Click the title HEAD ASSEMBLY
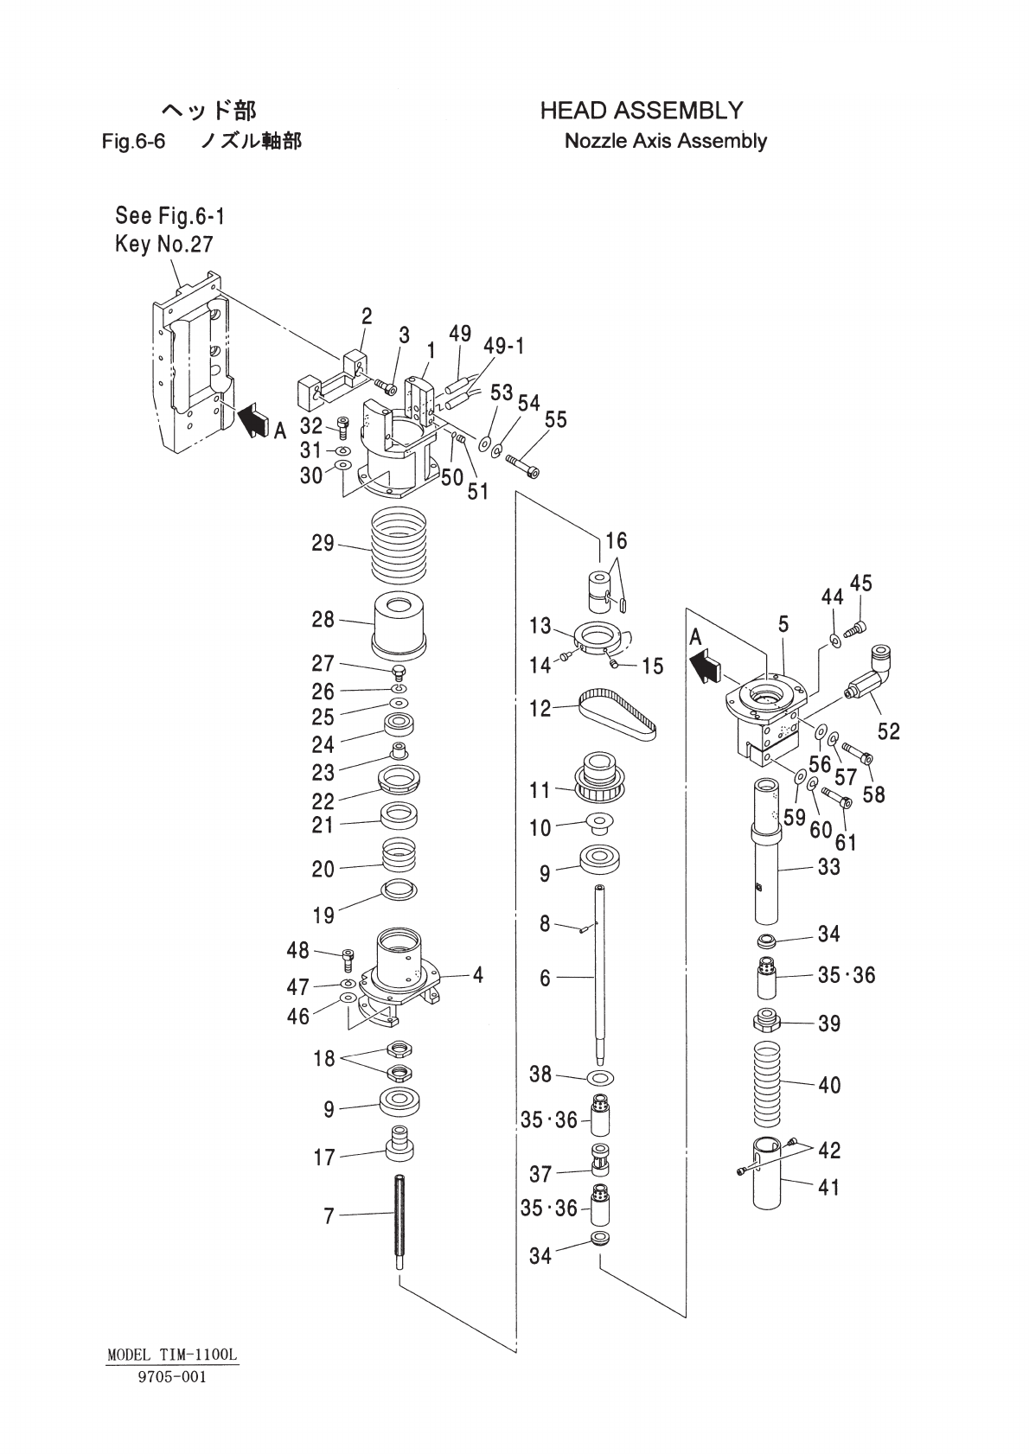tap(641, 111)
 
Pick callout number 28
tap(323, 619)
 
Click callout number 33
tap(828, 866)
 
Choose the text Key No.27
tap(163, 245)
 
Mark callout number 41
tap(828, 1188)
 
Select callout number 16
tap(616, 541)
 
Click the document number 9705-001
tap(172, 1377)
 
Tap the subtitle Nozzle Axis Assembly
tap(665, 141)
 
